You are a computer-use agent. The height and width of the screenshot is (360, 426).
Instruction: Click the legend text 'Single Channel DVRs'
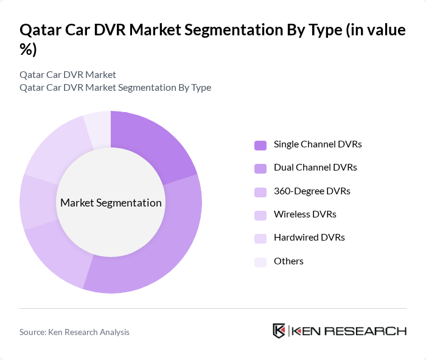(x=318, y=144)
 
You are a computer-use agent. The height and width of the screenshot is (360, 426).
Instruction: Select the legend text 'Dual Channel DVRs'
(x=315, y=168)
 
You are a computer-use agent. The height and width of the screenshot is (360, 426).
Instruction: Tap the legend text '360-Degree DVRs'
(x=312, y=191)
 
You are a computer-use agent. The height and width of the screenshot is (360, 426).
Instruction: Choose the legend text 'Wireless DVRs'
(x=305, y=214)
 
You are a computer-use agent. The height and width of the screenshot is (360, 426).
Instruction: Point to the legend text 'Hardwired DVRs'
(x=309, y=238)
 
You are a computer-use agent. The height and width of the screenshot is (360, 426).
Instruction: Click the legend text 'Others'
(x=288, y=261)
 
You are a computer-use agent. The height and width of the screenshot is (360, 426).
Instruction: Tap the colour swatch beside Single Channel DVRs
(x=260, y=145)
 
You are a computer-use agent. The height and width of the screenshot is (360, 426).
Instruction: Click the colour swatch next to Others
(x=260, y=261)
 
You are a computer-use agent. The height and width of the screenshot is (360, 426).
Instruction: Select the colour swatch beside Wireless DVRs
(x=260, y=214)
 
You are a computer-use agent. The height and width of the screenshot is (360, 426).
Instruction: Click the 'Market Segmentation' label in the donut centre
(x=111, y=203)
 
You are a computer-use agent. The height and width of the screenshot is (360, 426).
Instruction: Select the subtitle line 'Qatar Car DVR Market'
(x=68, y=74)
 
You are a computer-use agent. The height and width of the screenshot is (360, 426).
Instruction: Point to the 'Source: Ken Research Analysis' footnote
(x=74, y=332)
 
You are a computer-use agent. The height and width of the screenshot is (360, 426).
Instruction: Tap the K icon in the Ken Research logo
(x=279, y=331)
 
